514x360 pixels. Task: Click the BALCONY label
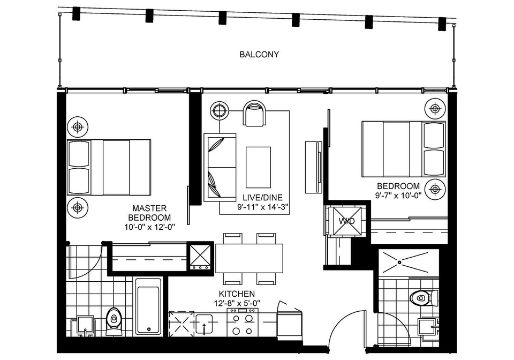259,54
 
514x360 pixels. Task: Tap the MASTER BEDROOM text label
149,213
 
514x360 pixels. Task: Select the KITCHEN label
237,294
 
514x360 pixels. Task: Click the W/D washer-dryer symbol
347,221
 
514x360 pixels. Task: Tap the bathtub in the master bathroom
148,306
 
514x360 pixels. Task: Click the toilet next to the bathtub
114,321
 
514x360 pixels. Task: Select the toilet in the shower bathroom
424,298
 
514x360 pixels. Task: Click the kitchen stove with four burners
243,322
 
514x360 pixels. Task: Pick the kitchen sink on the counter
205,324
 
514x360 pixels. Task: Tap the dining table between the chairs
249,258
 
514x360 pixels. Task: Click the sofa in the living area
220,167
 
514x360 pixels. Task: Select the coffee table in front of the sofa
258,167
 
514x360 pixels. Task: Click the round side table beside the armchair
220,111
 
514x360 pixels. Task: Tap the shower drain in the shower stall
399,262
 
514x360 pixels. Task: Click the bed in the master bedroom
109,167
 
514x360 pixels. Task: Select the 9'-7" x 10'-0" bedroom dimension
398,196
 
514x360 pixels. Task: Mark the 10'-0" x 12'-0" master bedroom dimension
150,227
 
